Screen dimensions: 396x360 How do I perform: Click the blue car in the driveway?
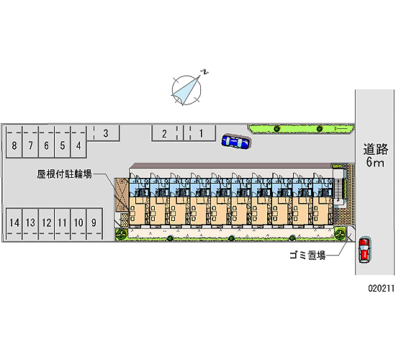[x=236, y=141]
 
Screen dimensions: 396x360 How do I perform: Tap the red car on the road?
[x=364, y=250]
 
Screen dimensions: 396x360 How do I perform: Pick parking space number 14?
[x=14, y=224]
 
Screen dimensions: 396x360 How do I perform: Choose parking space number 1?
[x=199, y=133]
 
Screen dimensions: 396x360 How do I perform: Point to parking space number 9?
[x=94, y=224]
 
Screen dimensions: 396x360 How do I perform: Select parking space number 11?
[x=63, y=224]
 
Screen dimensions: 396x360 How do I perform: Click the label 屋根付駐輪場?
[x=64, y=174]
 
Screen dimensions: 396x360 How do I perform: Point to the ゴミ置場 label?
[x=307, y=255]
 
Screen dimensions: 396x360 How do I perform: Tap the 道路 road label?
[x=376, y=149]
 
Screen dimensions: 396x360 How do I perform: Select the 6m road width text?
[x=375, y=162]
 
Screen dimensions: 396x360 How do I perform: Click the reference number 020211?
[x=381, y=288]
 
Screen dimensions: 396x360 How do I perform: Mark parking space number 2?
[x=167, y=133]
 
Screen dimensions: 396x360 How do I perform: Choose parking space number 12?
[x=47, y=224]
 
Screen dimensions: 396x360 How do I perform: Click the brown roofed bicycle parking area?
[x=122, y=194]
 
